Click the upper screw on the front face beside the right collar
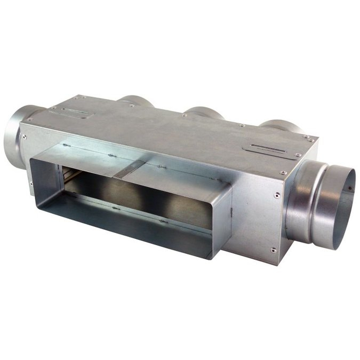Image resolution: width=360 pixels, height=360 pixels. point(276,196)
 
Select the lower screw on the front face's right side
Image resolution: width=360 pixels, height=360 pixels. point(273,249)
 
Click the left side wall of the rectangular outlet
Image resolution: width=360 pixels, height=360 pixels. point(46,176)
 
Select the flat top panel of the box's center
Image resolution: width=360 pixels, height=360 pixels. point(176,128)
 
